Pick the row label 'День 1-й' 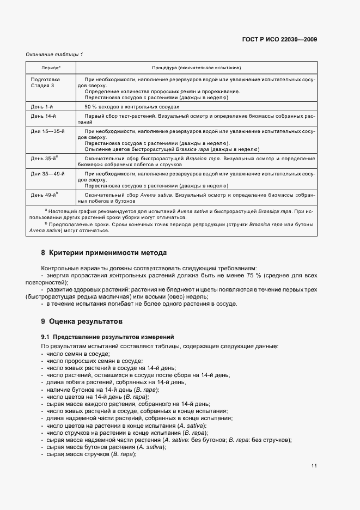(42, 107)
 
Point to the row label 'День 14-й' (43, 117)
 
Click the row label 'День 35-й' (44, 158)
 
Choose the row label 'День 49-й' (44, 194)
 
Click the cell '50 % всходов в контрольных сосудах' (132, 107)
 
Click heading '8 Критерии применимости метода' (103, 253)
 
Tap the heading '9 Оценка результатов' (82, 321)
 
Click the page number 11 (314, 466)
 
